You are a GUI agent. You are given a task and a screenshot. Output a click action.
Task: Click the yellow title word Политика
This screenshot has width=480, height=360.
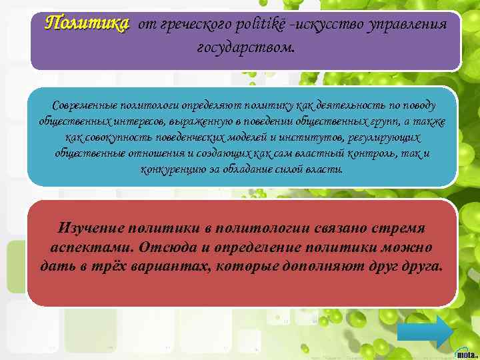[x=85, y=24]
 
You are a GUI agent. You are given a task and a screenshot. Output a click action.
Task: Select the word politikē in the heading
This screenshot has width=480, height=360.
[x=261, y=25]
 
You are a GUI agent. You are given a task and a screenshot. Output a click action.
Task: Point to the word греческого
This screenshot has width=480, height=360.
[x=193, y=25]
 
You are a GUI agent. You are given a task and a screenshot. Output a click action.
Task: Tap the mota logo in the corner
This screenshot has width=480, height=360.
[x=466, y=351]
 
